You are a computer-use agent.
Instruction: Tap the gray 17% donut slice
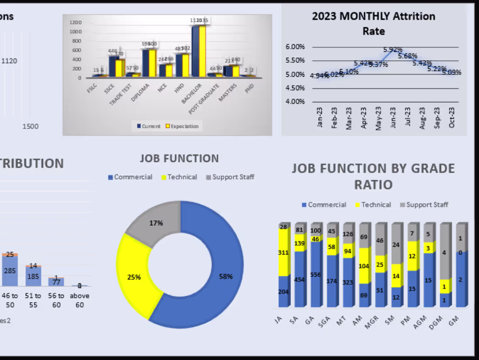coord(155,222)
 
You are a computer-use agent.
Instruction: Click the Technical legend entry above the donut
coord(179,177)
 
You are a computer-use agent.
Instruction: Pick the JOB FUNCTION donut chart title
coord(179,159)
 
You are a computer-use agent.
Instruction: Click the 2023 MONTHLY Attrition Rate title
coord(373,24)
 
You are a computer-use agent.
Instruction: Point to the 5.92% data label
coord(393,49)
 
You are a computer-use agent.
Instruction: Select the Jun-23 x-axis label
coord(393,117)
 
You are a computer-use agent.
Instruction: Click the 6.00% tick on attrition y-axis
coord(295,47)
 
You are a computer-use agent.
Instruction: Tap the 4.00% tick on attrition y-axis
coord(295,102)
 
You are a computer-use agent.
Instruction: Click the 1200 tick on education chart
coord(75,22)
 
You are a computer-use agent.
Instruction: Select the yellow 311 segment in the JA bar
coord(284,252)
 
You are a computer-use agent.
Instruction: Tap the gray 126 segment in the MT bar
coord(348,234)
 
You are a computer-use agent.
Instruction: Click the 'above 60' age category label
coord(80,300)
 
